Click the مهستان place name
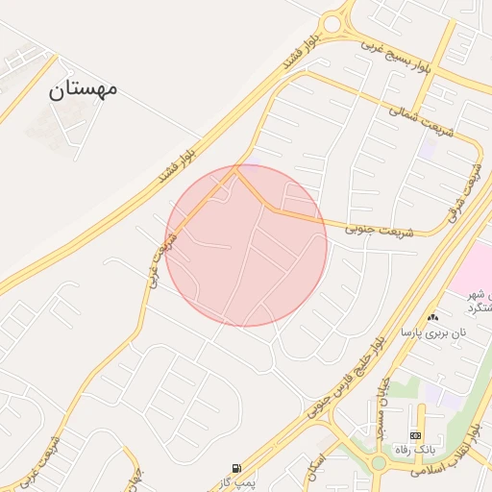tap(83, 89)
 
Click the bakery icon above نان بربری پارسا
tap(432, 317)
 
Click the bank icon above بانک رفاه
tap(415, 435)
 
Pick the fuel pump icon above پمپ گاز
tap(237, 468)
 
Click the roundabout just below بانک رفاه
tap(379, 463)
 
